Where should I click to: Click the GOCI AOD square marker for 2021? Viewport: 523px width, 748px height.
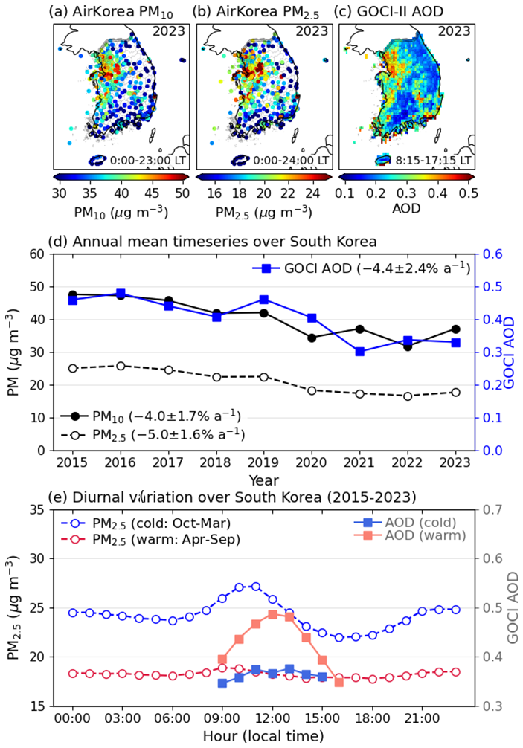tap(360, 352)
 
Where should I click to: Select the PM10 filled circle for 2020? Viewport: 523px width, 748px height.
tap(312, 338)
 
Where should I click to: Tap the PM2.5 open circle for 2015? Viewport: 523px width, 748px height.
tap(73, 368)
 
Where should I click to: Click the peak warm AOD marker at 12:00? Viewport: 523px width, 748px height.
tap(272, 614)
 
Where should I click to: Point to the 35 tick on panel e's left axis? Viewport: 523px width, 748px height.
tap(36, 509)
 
